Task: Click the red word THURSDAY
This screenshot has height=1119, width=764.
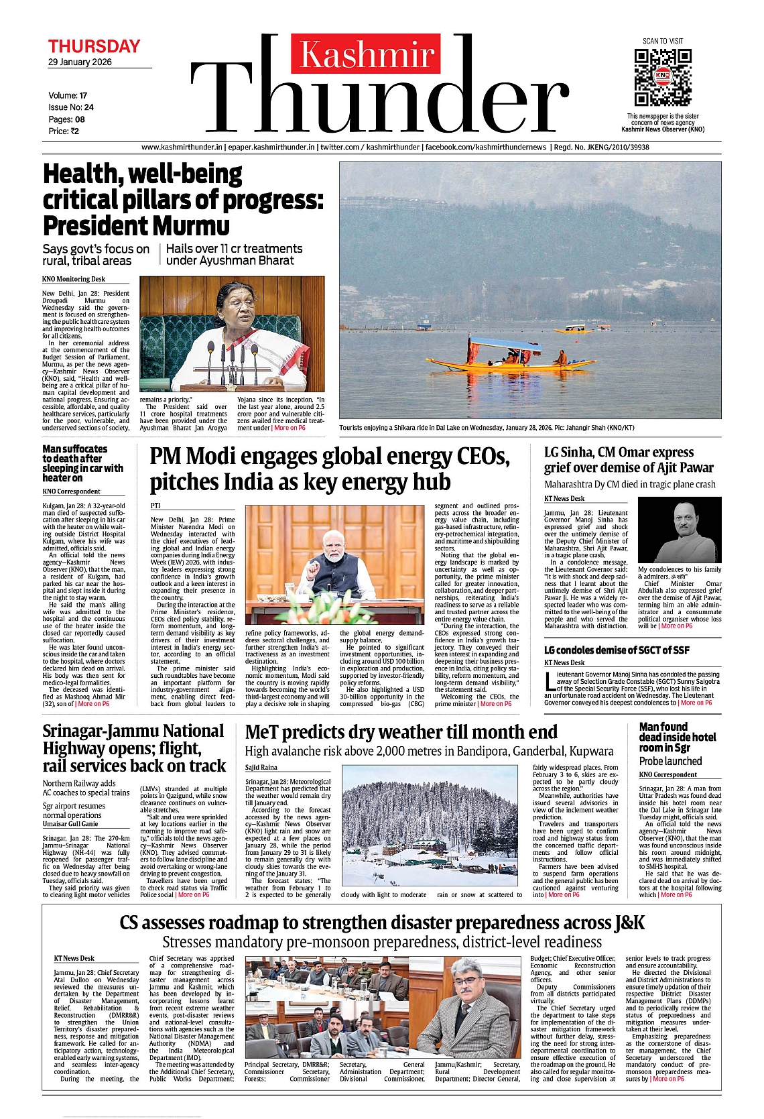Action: click(x=94, y=46)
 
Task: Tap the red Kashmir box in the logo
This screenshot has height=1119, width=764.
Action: click(x=366, y=54)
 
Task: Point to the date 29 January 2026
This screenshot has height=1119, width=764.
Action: click(x=80, y=62)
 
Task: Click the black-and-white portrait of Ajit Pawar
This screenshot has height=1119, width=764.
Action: click(x=679, y=530)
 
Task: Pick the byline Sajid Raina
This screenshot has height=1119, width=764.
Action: click(x=261, y=767)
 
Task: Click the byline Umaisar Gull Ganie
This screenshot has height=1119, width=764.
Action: click(x=70, y=824)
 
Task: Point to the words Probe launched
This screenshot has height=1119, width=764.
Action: click(x=670, y=761)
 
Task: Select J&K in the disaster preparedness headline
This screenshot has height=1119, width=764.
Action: click(x=629, y=923)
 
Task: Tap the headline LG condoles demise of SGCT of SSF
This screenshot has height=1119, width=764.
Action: click(x=617, y=650)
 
